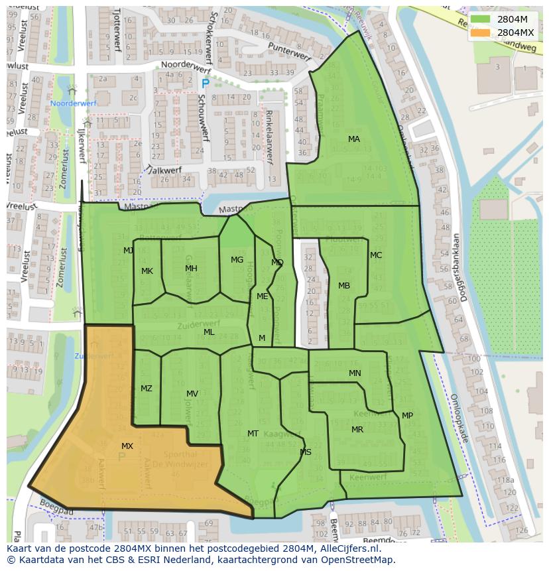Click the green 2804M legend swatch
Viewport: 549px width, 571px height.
click(x=481, y=19)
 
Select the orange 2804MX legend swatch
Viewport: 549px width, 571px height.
click(x=481, y=32)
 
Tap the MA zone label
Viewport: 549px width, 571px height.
click(x=354, y=139)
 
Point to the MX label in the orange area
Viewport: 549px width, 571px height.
click(x=127, y=446)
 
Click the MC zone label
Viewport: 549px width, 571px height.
click(x=376, y=255)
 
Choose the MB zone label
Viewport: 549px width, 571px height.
click(x=344, y=286)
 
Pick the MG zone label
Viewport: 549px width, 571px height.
click(x=237, y=260)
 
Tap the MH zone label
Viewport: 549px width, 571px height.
click(x=191, y=269)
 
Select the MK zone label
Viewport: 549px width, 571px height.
click(x=147, y=271)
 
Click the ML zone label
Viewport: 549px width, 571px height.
click(x=209, y=332)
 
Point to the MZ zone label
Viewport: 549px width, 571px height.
click(x=147, y=389)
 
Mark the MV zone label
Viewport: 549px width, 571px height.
click(x=192, y=394)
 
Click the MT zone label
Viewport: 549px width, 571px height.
click(x=253, y=434)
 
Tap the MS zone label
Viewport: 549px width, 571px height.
click(x=306, y=452)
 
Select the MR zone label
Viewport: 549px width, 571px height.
click(x=357, y=430)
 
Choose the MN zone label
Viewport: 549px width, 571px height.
click(x=355, y=373)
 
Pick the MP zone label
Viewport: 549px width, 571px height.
click(x=407, y=416)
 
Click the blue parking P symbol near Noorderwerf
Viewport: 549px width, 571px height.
click(x=205, y=84)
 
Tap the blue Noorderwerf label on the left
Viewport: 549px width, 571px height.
click(x=74, y=104)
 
